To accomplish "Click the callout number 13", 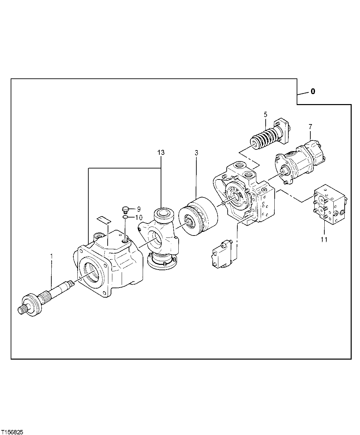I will tap(161, 153).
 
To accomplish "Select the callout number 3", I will tap(196, 153).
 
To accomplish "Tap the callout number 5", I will tap(265, 115).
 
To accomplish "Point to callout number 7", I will tap(310, 126).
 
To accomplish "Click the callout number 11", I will tap(324, 239).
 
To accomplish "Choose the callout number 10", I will tap(139, 217).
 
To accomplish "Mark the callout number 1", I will tap(51, 256).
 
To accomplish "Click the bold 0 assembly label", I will tap(312, 91).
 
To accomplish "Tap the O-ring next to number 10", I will tap(125, 217).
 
